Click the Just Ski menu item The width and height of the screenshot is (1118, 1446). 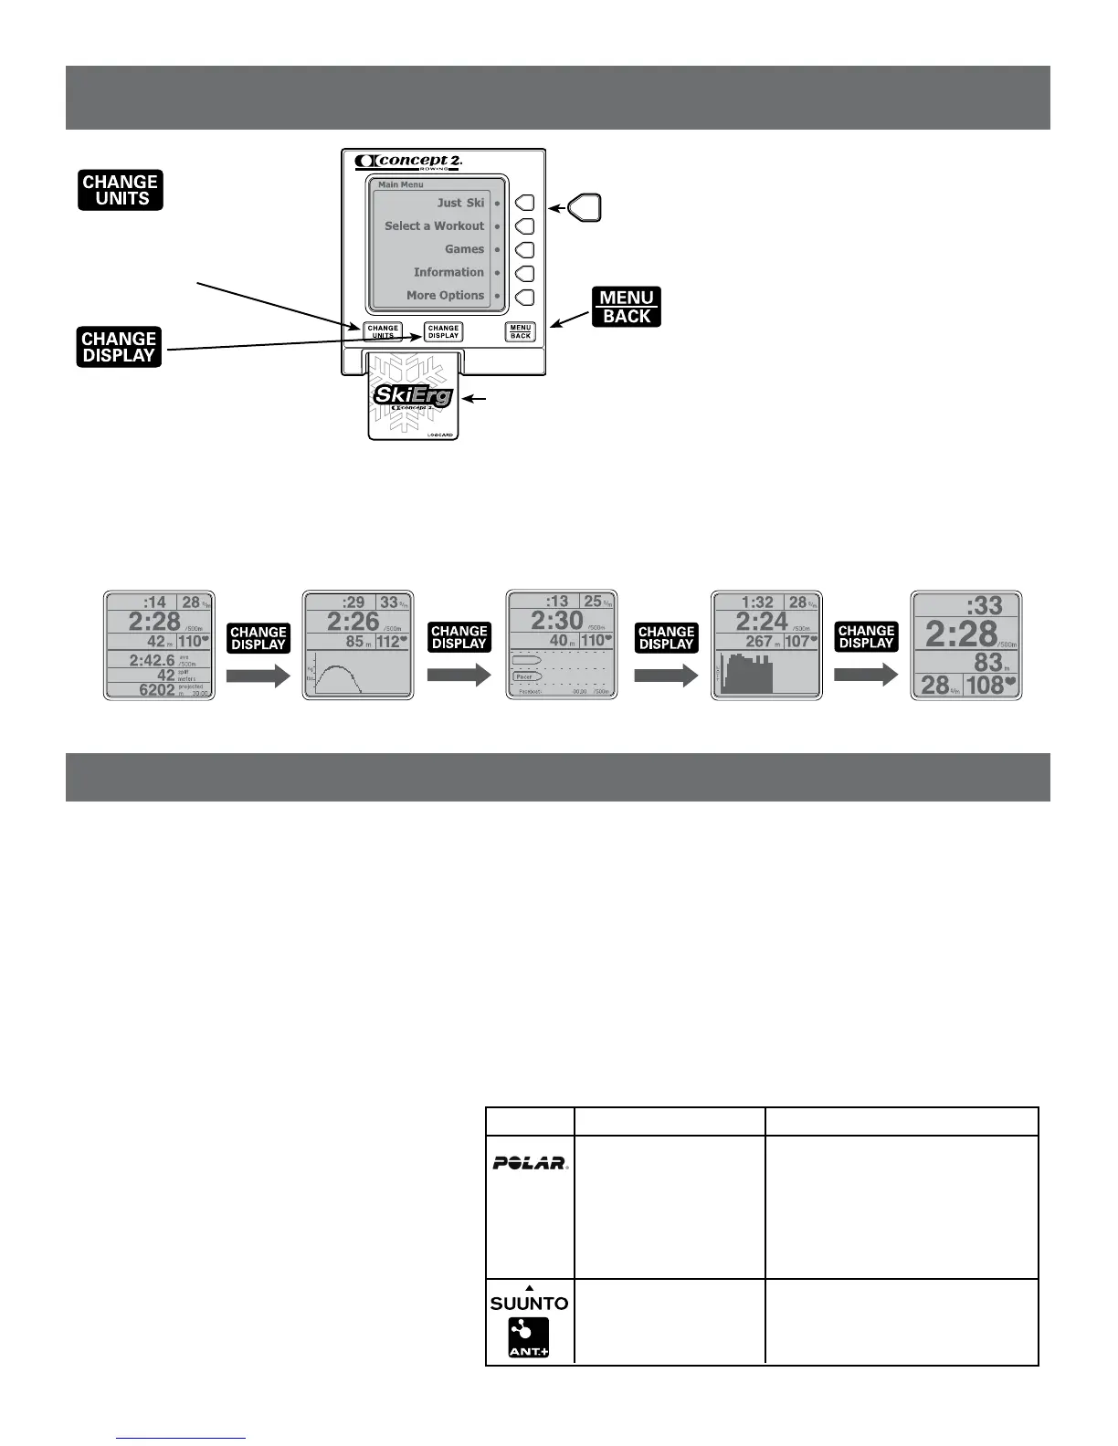pyautogui.click(x=460, y=203)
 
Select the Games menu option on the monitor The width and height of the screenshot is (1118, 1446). pyautogui.click(x=464, y=249)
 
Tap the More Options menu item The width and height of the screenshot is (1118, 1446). pyautogui.click(x=445, y=296)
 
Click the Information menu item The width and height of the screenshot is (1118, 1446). pyautogui.click(x=448, y=272)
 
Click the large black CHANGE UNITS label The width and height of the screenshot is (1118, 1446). pyautogui.click(x=121, y=190)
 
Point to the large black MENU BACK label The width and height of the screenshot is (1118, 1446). pyautogui.click(x=627, y=307)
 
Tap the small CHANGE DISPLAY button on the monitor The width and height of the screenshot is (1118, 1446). pyautogui.click(x=443, y=332)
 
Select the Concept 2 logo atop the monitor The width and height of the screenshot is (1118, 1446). pyautogui.click(x=408, y=162)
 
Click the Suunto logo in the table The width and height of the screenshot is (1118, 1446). pyautogui.click(x=530, y=1303)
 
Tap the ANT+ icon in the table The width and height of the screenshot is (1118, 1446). pyautogui.click(x=529, y=1337)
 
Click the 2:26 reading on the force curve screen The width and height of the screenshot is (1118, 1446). pyautogui.click(x=353, y=622)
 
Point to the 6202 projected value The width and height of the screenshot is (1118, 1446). pyautogui.click(x=156, y=690)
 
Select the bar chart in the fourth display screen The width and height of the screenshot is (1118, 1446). pyautogui.click(x=747, y=673)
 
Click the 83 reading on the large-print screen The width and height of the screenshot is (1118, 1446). pyautogui.click(x=987, y=662)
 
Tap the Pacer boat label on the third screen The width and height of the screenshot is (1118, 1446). pyautogui.click(x=525, y=676)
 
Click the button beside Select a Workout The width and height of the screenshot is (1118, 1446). pyautogui.click(x=525, y=226)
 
